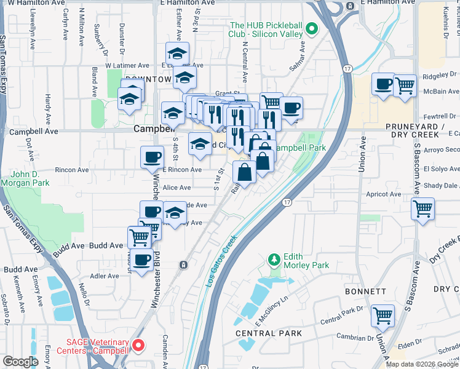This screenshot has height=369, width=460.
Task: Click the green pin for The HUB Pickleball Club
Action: tap(312, 28)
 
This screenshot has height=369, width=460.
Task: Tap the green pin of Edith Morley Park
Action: tap(274, 260)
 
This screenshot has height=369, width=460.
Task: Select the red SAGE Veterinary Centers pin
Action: tap(138, 346)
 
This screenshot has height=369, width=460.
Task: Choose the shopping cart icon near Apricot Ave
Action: tap(422, 209)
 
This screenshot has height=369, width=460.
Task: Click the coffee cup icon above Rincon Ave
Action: tap(152, 157)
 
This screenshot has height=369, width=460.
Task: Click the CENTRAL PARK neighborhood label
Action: tap(269, 333)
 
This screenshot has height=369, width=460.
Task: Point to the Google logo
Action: tap(20, 362)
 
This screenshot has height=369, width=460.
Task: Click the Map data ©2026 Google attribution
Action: tap(422, 364)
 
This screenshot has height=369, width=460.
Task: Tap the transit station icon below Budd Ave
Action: tap(183, 265)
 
